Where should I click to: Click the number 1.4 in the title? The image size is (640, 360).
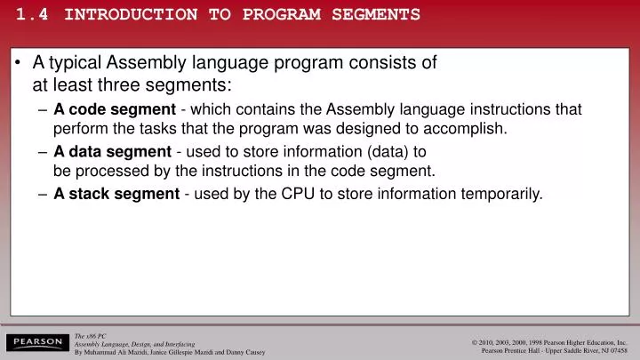[x=34, y=14]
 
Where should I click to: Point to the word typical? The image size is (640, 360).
[x=75, y=63]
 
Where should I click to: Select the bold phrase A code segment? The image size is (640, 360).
[x=115, y=109]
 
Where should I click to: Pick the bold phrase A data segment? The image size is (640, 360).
[x=112, y=151]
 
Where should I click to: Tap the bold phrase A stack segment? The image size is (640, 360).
[x=116, y=193]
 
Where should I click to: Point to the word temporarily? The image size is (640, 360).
[x=498, y=193]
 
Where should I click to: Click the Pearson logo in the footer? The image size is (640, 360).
[x=36, y=342]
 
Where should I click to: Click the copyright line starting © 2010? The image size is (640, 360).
[x=550, y=342]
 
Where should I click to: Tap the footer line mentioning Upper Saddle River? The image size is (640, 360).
[x=553, y=351]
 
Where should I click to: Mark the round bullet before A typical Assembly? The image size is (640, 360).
[x=20, y=64]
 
